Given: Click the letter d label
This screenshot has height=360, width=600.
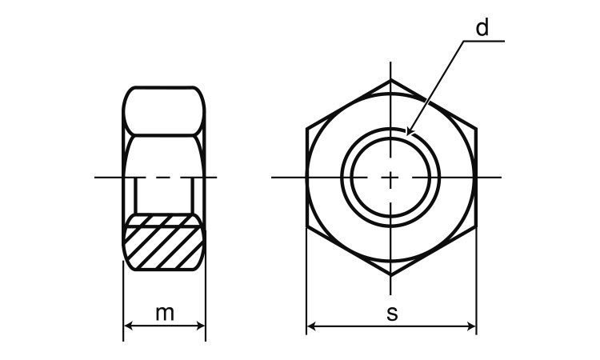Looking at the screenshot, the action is click(482, 27).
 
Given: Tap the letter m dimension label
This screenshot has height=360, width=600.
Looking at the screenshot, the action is click(165, 313).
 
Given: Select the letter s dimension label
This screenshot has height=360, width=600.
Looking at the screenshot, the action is click(392, 314).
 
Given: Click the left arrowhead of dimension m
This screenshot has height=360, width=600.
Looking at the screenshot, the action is click(129, 326).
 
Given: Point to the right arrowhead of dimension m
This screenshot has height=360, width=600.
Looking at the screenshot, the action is click(201, 326).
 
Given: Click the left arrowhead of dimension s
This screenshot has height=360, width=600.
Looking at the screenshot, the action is click(311, 326).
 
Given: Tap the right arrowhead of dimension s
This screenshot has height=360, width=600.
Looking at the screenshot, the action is click(471, 326).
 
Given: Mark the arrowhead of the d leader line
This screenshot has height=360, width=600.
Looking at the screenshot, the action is click(409, 131).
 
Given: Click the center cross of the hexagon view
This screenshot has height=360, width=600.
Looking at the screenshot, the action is click(390, 178).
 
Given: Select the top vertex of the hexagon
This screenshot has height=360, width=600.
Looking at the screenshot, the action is click(390, 79).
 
